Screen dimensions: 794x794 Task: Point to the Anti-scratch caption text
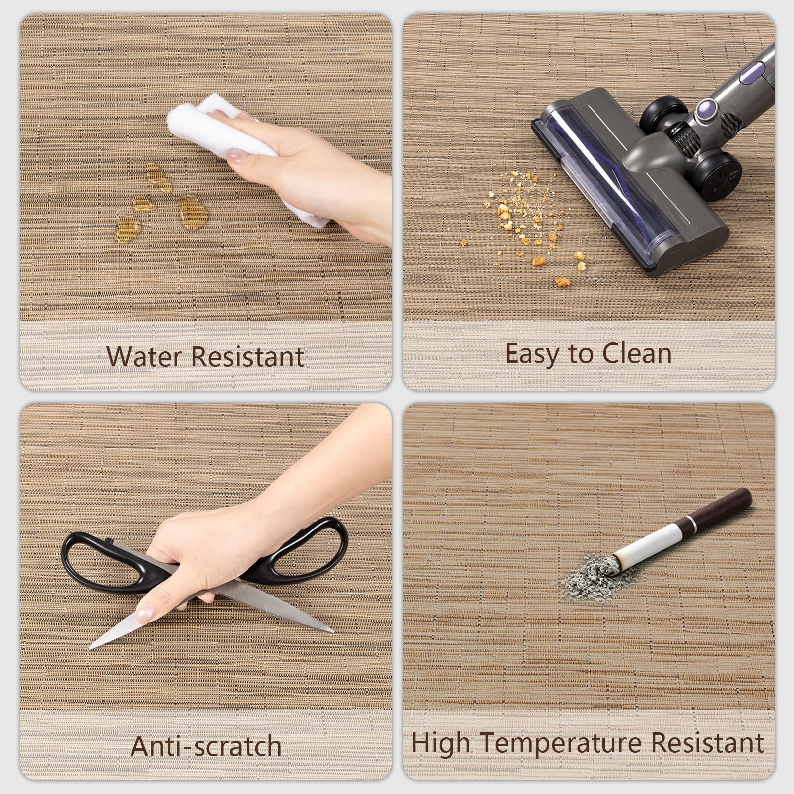206,746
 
